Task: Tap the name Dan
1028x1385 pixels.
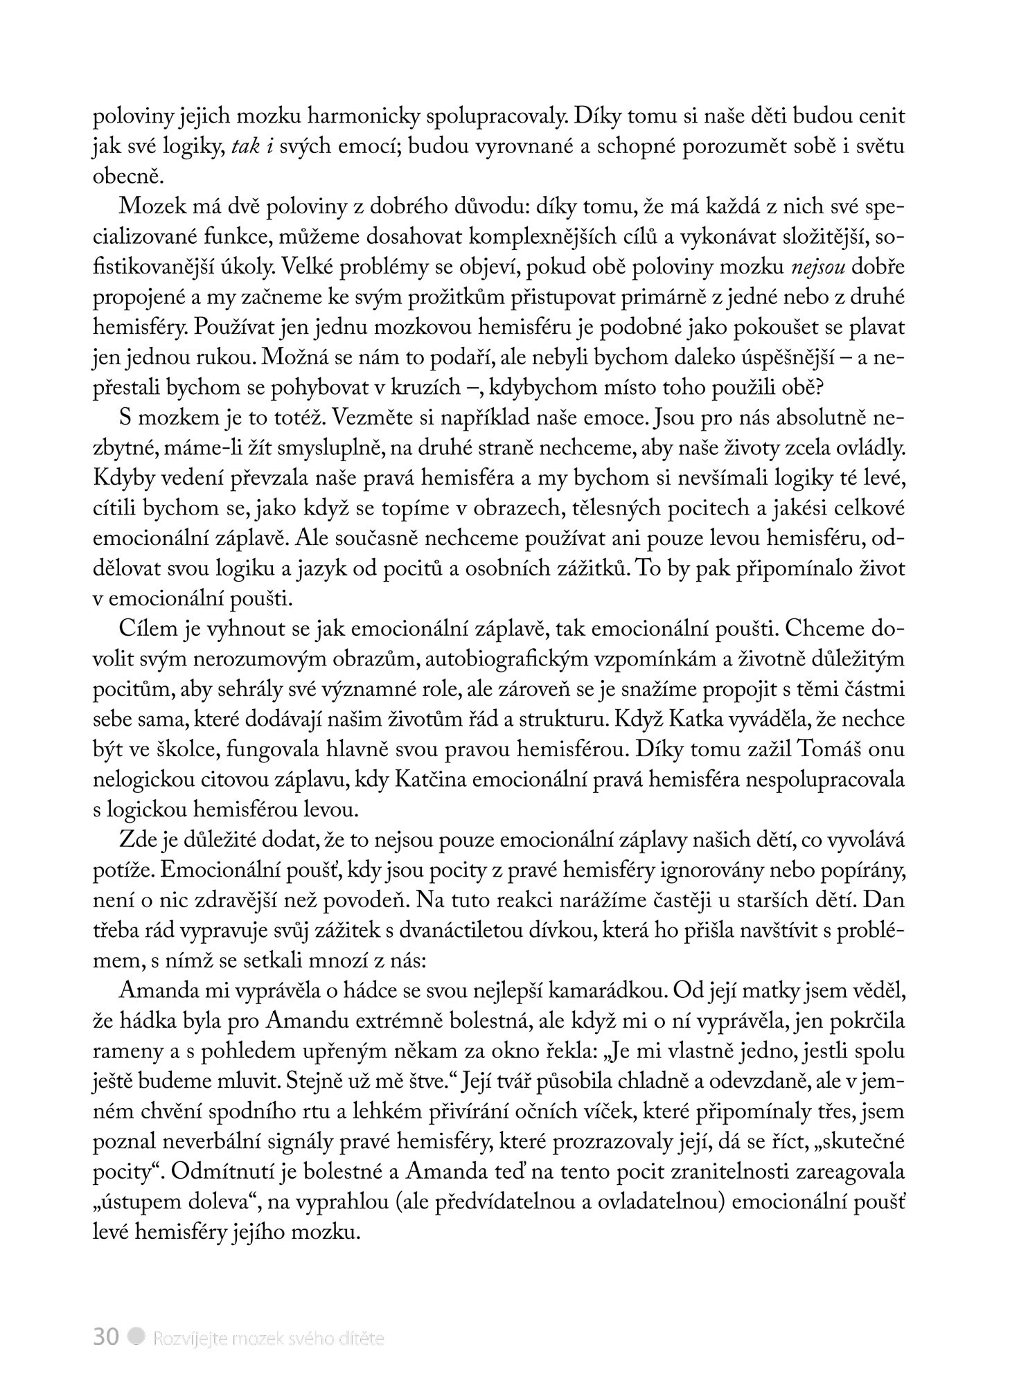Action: point(887,900)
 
